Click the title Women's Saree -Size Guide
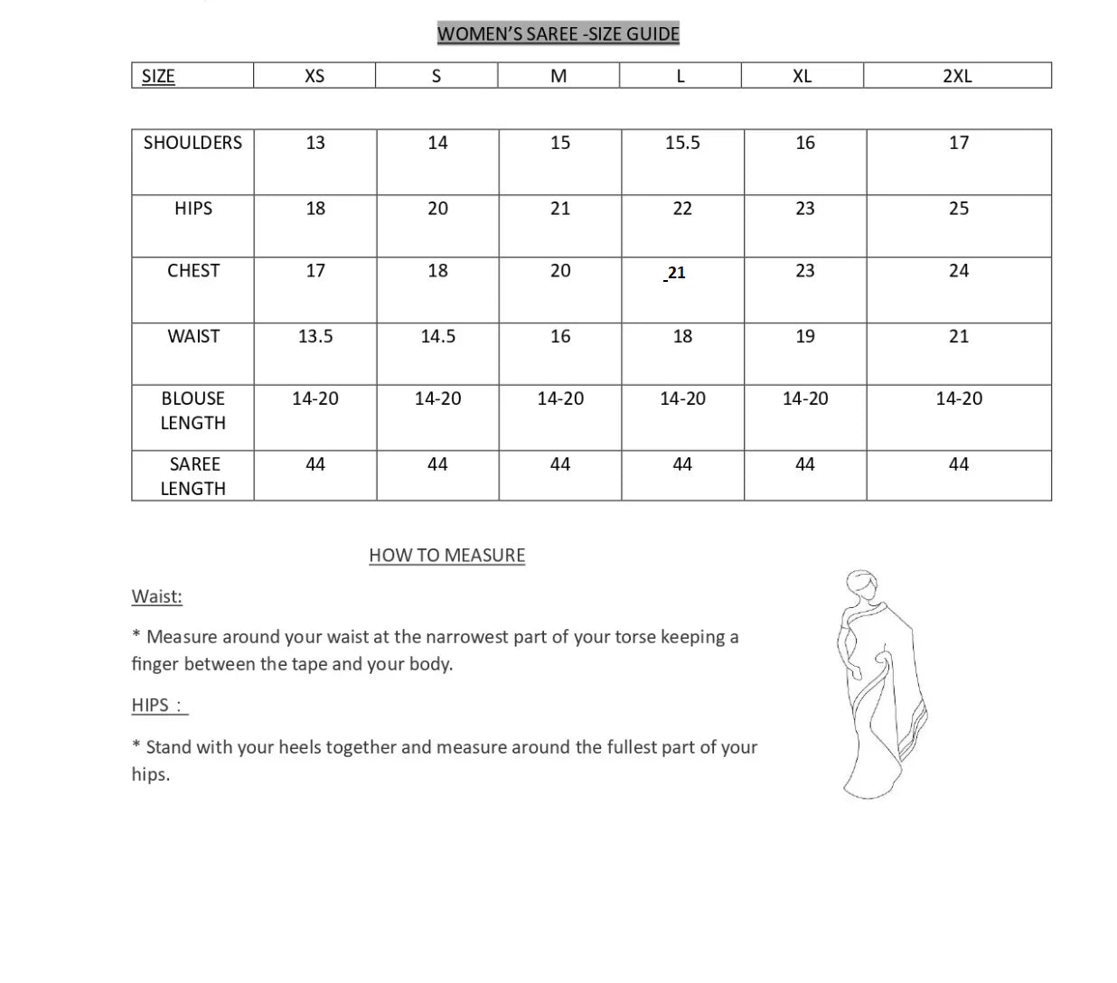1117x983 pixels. pyautogui.click(x=558, y=34)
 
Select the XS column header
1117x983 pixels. pyautogui.click(x=314, y=76)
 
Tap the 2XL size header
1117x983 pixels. pyautogui.click(x=957, y=76)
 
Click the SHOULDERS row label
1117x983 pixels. pyautogui.click(x=192, y=143)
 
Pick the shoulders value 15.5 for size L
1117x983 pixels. pyautogui.click(x=682, y=143)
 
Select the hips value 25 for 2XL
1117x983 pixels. pyautogui.click(x=959, y=209)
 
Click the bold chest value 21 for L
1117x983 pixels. pyautogui.click(x=676, y=273)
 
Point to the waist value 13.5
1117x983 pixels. pyautogui.click(x=315, y=336)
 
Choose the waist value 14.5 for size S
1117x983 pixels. pyautogui.click(x=437, y=336)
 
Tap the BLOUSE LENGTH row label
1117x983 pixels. pyautogui.click(x=192, y=410)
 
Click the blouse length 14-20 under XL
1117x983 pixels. pyautogui.click(x=805, y=398)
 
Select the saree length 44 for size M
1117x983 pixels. pyautogui.click(x=560, y=464)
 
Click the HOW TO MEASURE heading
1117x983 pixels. pyautogui.click(x=446, y=556)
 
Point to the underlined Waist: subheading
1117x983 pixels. pyautogui.click(x=156, y=596)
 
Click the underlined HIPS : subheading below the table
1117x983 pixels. pyautogui.click(x=159, y=706)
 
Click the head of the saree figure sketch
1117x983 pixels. pyautogui.click(x=864, y=586)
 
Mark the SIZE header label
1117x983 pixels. pyautogui.click(x=158, y=76)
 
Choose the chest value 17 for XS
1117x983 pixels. pyautogui.click(x=315, y=271)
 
